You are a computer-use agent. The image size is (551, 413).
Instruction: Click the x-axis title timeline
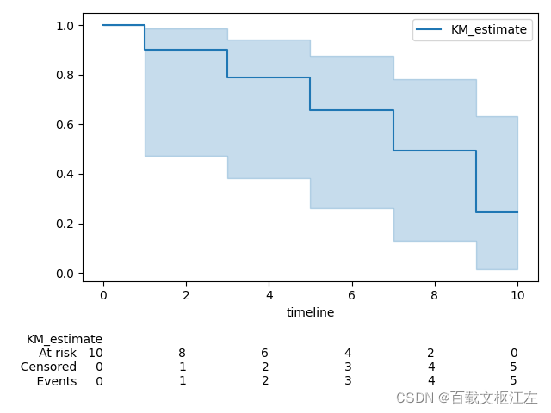[x=310, y=312]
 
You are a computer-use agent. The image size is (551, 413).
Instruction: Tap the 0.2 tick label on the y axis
[x=65, y=224]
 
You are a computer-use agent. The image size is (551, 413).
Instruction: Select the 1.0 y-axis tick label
[x=65, y=25]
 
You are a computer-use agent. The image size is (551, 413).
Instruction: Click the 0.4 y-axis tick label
[x=65, y=174]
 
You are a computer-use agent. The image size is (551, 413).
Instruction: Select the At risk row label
[x=58, y=353]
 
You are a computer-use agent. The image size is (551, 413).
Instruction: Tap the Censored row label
[x=49, y=367]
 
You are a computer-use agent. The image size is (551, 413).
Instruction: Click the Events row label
[x=57, y=381]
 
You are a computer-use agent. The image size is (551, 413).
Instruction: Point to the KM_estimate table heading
[x=65, y=339]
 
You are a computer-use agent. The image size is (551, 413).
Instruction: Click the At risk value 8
[x=183, y=353]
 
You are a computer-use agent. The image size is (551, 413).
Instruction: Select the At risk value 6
[x=265, y=353]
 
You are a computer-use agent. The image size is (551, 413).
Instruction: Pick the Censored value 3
[x=348, y=367]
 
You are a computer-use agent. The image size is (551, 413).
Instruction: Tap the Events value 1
[x=183, y=381]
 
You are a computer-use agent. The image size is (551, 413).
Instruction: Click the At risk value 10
[x=96, y=353]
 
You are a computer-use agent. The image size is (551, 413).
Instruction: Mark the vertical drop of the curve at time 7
[x=393, y=131]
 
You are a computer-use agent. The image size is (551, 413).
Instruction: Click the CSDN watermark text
[x=467, y=398]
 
